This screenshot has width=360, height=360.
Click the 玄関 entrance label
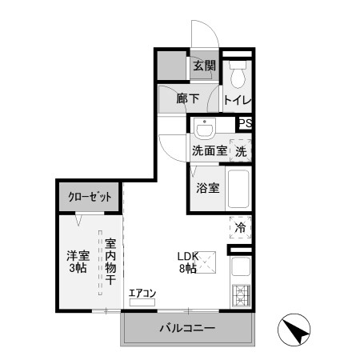click(x=203, y=66)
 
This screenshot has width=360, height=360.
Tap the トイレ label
click(x=238, y=101)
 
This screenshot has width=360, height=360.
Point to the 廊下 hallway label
click(x=187, y=101)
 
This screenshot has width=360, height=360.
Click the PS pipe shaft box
click(x=246, y=123)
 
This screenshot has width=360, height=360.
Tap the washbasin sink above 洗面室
click(x=206, y=129)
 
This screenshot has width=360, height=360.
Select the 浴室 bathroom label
click(x=206, y=189)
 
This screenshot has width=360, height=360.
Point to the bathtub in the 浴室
click(x=239, y=190)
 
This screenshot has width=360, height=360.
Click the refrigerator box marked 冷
click(x=240, y=227)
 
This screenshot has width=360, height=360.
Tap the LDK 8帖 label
click(x=186, y=262)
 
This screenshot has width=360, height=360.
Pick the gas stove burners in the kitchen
click(x=241, y=298)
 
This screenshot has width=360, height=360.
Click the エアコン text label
click(x=142, y=294)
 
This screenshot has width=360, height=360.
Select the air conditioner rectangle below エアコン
click(x=142, y=303)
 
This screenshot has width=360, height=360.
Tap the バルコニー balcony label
click(x=186, y=328)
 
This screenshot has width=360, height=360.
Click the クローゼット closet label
click(x=89, y=196)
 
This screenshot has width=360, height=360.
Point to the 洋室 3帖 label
click(x=77, y=262)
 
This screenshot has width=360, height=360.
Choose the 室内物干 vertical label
click(x=110, y=263)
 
